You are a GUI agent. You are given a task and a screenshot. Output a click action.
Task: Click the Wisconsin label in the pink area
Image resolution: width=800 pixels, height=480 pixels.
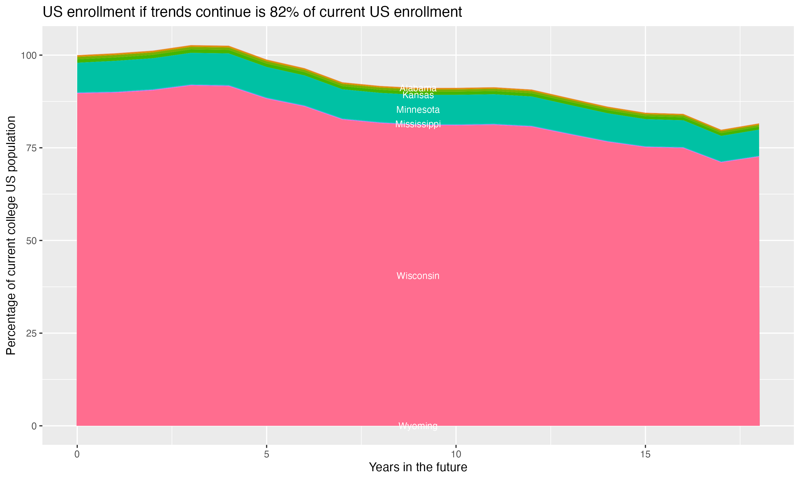pos(418,276)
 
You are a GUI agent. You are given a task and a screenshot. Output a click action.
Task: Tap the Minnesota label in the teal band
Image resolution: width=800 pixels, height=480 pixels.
pos(418,110)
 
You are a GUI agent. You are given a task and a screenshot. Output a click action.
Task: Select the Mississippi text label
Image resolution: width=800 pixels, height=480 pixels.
pos(418,124)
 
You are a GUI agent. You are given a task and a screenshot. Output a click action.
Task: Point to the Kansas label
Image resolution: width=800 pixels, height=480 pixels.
pos(418,95)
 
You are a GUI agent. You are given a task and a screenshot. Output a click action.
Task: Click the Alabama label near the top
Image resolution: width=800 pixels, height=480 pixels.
pos(418,88)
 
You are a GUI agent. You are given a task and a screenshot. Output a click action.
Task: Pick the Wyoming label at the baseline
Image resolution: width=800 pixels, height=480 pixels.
pos(418,426)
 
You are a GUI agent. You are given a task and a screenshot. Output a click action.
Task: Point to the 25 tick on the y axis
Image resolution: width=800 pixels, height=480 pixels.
pos(30,334)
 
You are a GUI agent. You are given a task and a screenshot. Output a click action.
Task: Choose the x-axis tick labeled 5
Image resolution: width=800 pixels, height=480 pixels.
pos(266,454)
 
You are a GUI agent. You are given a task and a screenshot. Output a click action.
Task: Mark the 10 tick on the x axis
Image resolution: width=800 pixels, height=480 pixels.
pos(456,454)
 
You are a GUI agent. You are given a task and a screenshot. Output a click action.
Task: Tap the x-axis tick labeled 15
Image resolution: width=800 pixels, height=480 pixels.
pos(645,454)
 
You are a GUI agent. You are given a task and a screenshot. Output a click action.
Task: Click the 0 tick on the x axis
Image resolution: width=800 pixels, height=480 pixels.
pos(77,454)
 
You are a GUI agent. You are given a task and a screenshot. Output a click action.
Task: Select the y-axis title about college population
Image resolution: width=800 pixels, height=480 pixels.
pos(11,235)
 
